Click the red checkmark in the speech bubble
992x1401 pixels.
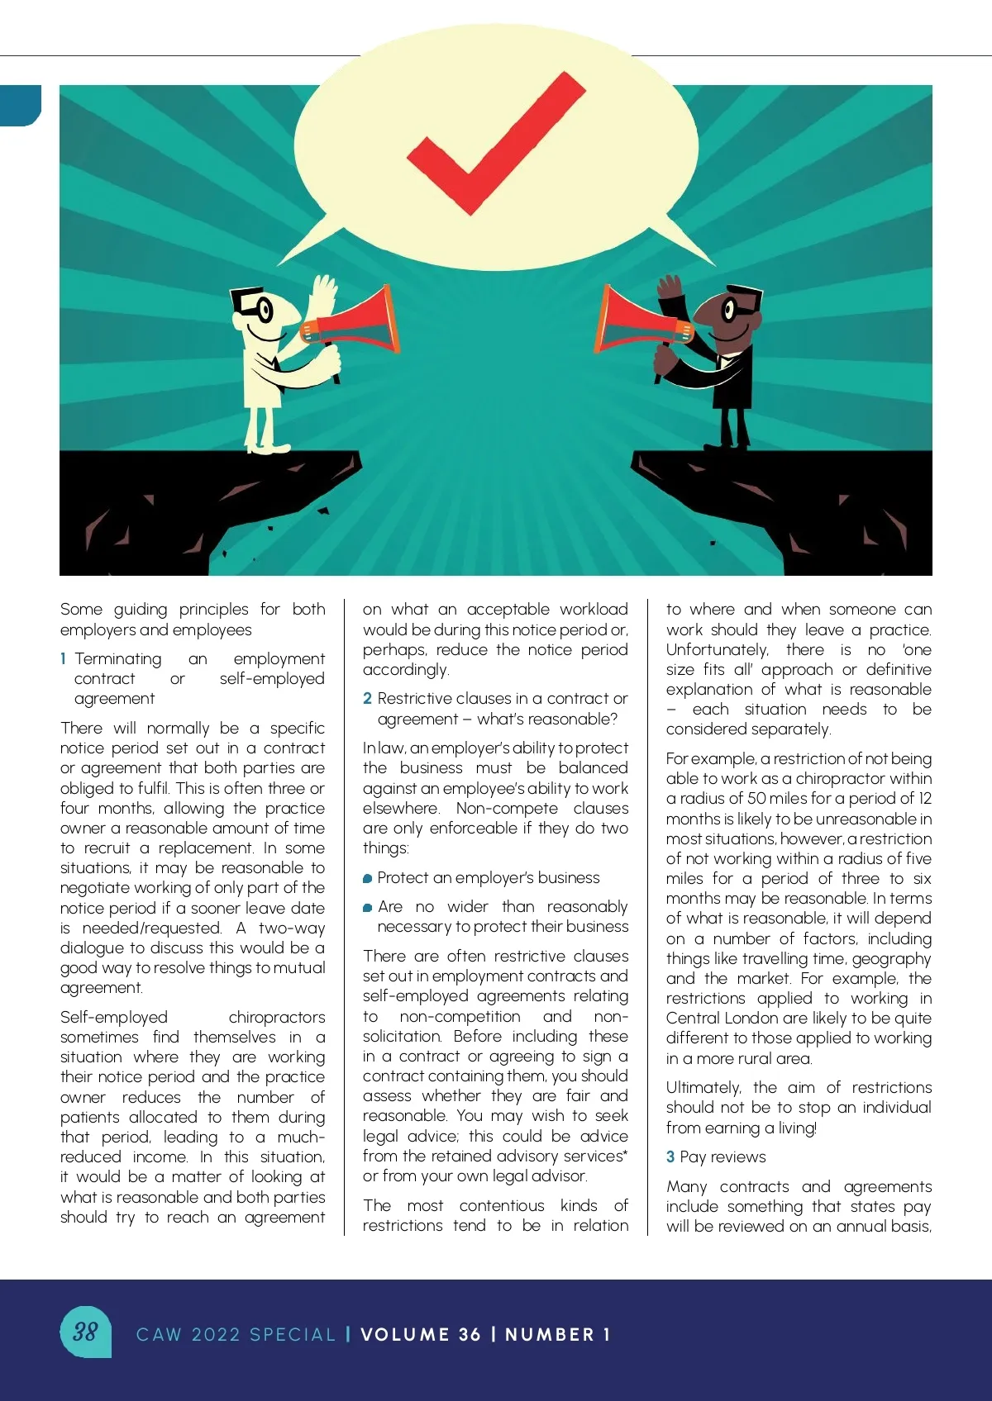(x=488, y=149)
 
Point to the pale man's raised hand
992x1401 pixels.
(x=324, y=293)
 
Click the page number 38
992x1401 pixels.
(x=85, y=1332)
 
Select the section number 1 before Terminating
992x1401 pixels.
(x=64, y=659)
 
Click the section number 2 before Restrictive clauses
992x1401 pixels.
(x=367, y=699)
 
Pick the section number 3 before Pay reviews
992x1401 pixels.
(x=670, y=1157)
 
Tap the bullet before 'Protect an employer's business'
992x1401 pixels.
(x=368, y=879)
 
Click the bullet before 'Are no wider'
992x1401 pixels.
(x=368, y=908)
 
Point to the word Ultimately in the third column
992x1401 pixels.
(x=703, y=1088)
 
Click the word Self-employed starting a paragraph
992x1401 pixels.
(x=113, y=1018)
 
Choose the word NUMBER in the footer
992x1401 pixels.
(x=550, y=1335)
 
